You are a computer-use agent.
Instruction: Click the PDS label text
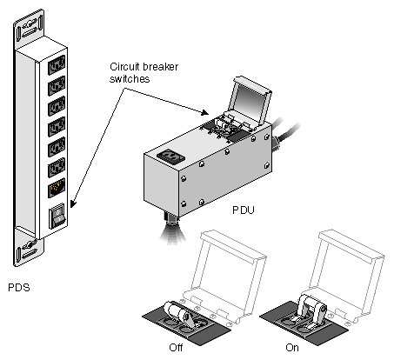tap(19, 288)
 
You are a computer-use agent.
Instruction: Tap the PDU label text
tap(244, 210)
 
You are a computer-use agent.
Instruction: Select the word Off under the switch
tap(176, 347)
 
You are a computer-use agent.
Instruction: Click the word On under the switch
tap(292, 347)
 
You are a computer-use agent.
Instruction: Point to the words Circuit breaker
tap(144, 67)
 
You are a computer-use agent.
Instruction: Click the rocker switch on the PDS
tap(58, 216)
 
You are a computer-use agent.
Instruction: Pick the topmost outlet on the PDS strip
tap(57, 65)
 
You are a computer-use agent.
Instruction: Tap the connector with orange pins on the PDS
tap(57, 188)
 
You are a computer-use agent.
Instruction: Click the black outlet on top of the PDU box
tap(171, 157)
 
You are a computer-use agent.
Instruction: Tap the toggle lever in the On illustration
tap(311, 309)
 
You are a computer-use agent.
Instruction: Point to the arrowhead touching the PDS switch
tap(72, 203)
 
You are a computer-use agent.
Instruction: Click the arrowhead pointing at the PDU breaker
tap(205, 113)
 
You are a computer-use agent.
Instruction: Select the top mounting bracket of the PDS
tap(29, 29)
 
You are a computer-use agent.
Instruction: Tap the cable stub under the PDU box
tap(172, 229)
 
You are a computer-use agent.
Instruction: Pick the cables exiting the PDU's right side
tap(285, 132)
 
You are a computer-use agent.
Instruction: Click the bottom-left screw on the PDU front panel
tap(184, 203)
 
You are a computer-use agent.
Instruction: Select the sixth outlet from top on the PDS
tap(57, 168)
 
